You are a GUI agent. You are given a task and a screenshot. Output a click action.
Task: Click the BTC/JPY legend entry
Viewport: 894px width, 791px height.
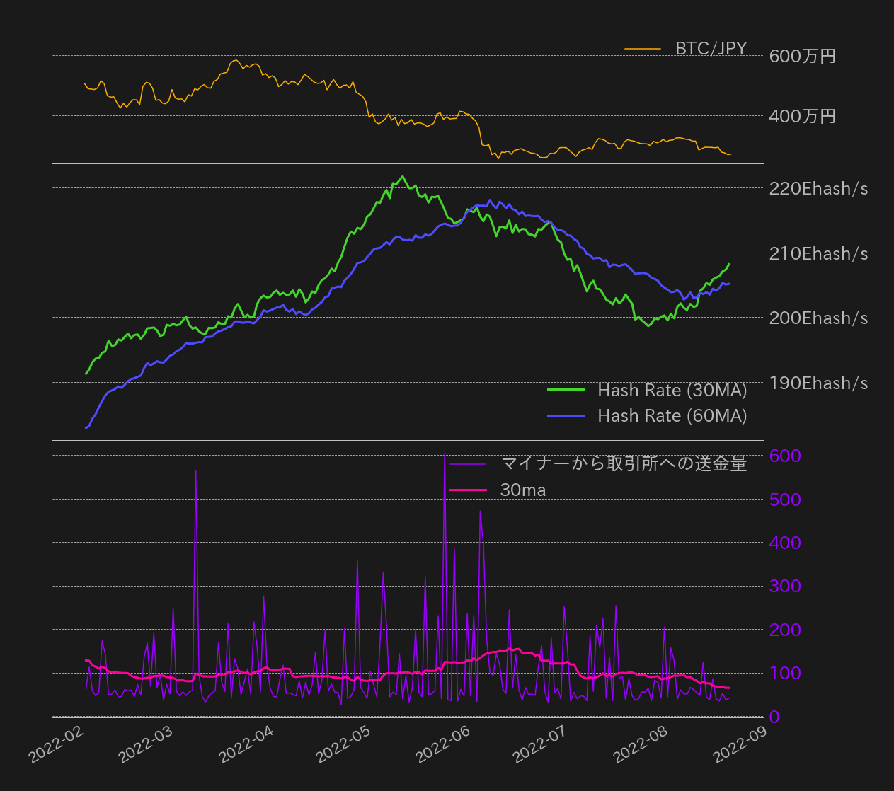click(x=711, y=48)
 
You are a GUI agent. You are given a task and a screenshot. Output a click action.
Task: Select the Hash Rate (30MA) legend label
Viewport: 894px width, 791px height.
click(x=672, y=390)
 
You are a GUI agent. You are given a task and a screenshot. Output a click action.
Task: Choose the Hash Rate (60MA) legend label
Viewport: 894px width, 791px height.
click(x=672, y=415)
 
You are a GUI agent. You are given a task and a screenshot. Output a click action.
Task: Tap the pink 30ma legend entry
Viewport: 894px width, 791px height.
click(x=522, y=490)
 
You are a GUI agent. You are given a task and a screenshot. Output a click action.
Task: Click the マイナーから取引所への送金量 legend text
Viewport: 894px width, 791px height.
click(x=624, y=463)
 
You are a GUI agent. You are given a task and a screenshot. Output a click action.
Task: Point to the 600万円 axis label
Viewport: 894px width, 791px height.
click(x=802, y=56)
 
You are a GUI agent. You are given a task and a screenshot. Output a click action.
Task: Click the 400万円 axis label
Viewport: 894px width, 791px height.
click(x=802, y=116)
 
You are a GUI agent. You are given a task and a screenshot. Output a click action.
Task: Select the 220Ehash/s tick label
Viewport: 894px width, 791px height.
click(x=818, y=188)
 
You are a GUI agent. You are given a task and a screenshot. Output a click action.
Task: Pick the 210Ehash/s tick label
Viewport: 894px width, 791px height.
click(x=818, y=253)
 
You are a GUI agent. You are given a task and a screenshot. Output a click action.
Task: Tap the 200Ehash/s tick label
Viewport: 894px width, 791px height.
click(x=818, y=318)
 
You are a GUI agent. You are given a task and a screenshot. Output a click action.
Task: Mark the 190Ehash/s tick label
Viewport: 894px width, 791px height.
click(x=818, y=383)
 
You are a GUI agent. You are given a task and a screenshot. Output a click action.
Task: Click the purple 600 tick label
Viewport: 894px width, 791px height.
click(x=785, y=456)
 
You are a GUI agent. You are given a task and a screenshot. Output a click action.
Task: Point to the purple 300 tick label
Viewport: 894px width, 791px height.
click(x=785, y=586)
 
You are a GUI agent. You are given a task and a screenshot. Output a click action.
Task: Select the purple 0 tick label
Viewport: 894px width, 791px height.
click(x=774, y=717)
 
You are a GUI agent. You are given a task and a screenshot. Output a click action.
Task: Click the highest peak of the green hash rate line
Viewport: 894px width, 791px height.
click(x=403, y=176)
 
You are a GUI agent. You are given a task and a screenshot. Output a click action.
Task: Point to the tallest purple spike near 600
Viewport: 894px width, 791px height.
click(x=445, y=454)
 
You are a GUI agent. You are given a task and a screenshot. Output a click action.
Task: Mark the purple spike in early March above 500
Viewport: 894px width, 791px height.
click(x=195, y=470)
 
